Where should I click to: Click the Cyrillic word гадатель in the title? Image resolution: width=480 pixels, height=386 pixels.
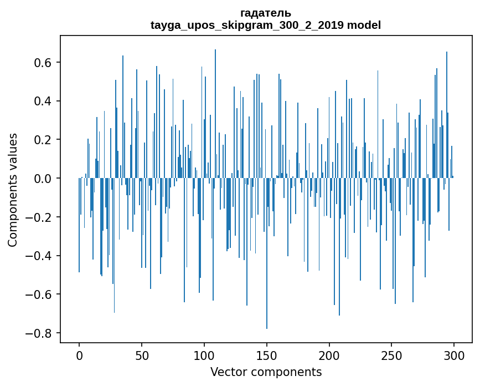265,13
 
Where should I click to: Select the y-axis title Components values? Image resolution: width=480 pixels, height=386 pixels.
13,190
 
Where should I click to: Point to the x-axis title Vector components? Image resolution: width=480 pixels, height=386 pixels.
266,372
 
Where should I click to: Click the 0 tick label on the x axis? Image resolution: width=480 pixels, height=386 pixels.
79,355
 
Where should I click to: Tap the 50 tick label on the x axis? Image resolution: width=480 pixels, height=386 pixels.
142,355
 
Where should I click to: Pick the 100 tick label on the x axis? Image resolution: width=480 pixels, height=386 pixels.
204,355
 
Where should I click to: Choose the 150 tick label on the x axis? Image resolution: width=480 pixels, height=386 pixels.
267,355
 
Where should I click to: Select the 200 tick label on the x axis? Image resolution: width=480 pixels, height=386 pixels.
329,355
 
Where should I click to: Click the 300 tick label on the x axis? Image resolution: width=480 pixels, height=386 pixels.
454,355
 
